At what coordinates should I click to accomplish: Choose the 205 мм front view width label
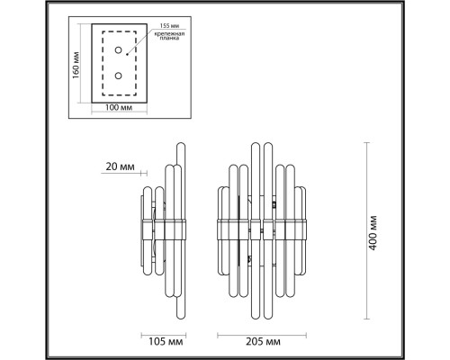[x=261, y=343]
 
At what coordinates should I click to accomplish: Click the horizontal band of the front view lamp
[x=261, y=229]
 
